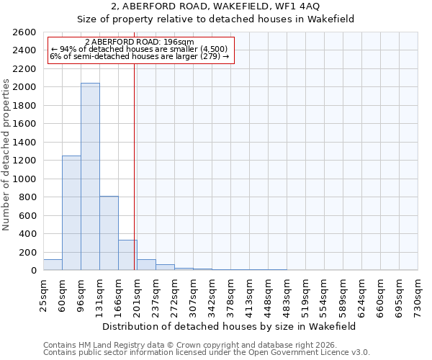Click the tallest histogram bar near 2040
click(x=90, y=176)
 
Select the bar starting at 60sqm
click(x=71, y=212)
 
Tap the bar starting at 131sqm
click(x=109, y=233)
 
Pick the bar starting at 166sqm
click(x=127, y=255)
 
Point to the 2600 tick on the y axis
click(x=27, y=32)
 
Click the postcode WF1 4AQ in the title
click(x=288, y=6)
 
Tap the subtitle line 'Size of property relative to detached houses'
click(x=216, y=19)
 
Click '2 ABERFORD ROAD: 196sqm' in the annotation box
click(x=139, y=42)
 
